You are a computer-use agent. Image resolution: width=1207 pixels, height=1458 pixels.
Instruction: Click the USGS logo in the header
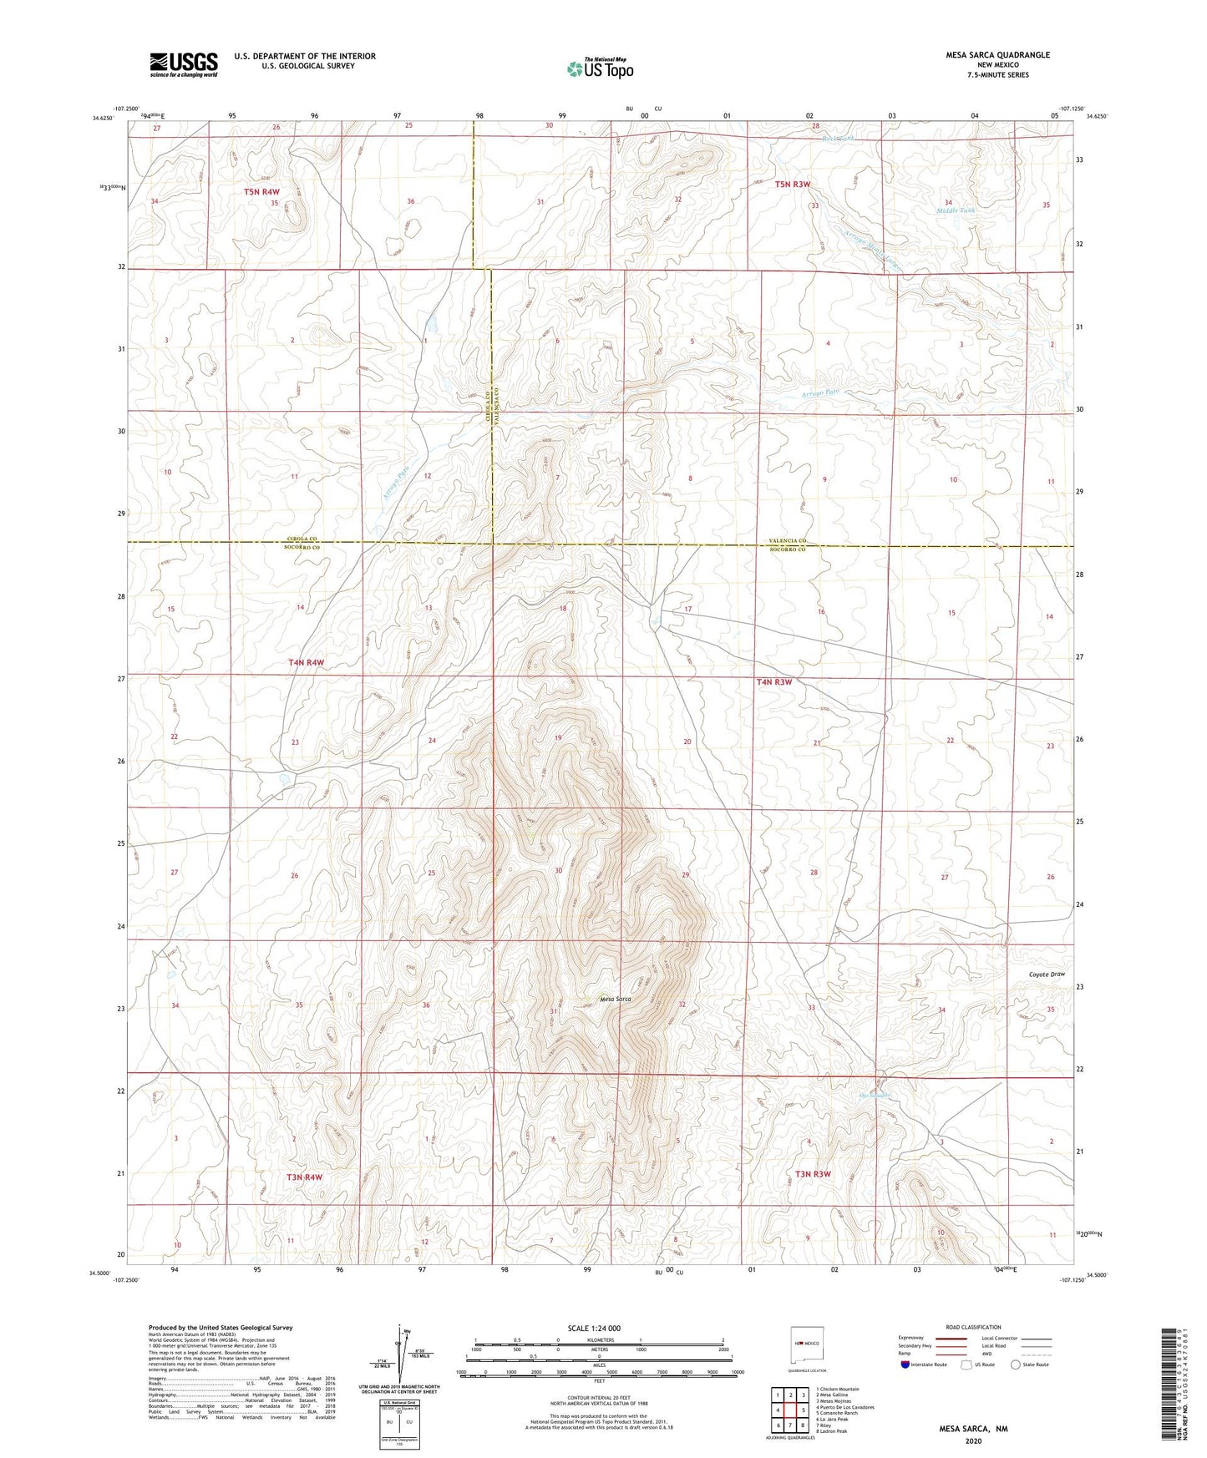point(184,64)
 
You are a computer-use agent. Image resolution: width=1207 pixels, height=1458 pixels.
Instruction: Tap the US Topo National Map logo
point(600,68)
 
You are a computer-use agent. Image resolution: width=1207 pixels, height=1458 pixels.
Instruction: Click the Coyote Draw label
point(1047,975)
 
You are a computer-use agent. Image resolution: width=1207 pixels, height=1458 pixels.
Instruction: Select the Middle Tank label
point(955,210)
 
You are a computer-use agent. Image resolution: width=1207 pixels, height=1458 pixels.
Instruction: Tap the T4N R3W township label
point(773,682)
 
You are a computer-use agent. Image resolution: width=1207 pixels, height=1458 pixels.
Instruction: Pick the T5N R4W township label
point(261,192)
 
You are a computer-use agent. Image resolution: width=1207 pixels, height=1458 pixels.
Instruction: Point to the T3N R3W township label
point(813,1174)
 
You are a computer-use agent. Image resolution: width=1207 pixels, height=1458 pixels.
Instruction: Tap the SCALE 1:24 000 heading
point(594,1329)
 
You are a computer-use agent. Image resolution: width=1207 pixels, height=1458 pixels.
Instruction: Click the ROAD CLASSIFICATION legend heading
point(973,1327)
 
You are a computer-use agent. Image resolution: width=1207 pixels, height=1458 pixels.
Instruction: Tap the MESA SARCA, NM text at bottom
point(973,1429)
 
